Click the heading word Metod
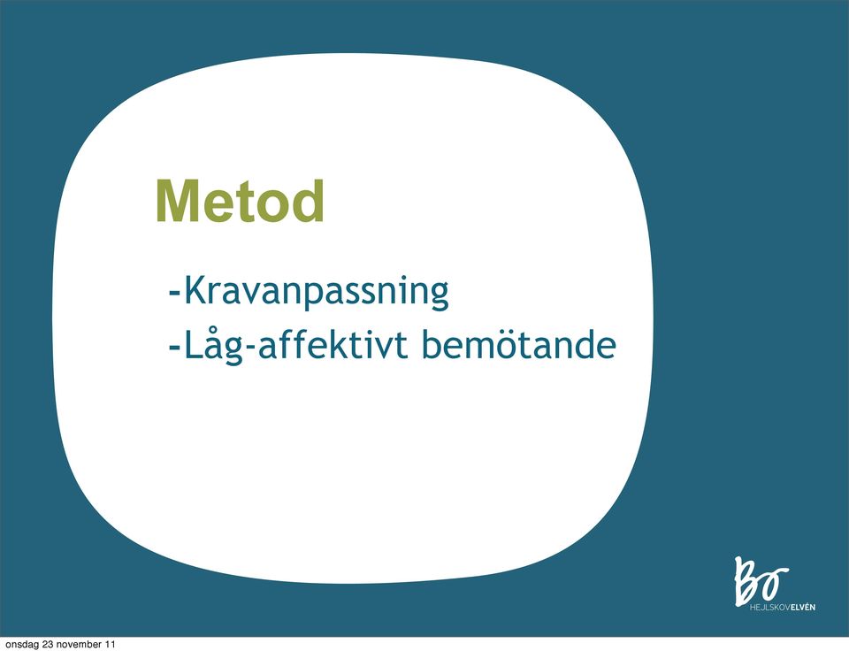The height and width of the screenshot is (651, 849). [x=240, y=201]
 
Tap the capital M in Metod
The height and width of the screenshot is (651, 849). [x=177, y=201]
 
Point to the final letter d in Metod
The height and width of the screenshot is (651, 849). [x=310, y=201]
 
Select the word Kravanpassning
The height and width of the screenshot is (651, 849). [x=317, y=293]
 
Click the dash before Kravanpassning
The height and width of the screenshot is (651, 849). [x=174, y=294]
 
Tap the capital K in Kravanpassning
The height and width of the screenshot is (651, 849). [x=195, y=290]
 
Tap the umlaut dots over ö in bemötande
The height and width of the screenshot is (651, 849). [x=507, y=332]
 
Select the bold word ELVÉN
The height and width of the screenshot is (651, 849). [x=803, y=607]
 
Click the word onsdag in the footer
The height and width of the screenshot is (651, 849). [x=21, y=645]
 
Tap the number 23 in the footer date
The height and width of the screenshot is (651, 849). [x=47, y=644]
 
